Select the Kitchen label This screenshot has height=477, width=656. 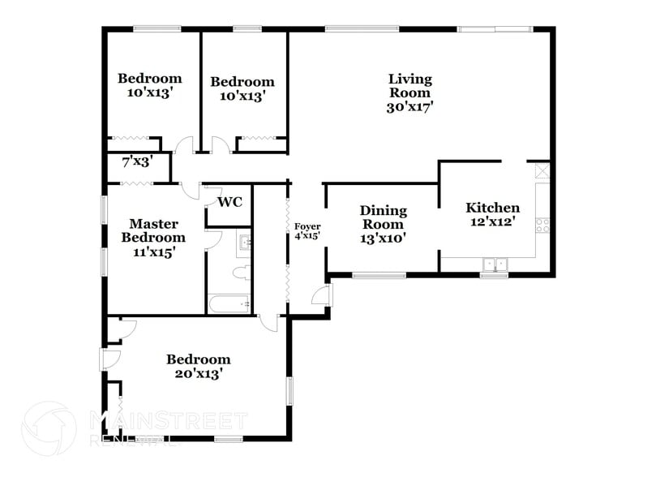492,208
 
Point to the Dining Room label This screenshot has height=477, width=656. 383,217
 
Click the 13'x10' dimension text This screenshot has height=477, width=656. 383,238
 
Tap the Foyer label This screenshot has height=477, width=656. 307,226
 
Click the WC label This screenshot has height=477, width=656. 231,202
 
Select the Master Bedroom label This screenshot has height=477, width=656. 153,230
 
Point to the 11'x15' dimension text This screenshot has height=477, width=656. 153,252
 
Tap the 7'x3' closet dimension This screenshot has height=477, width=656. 137,161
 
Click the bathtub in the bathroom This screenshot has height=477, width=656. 229,305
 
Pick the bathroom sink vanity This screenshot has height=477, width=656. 244,242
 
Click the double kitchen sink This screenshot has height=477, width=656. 494,264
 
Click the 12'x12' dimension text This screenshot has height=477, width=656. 492,221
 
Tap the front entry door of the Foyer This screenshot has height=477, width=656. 324,295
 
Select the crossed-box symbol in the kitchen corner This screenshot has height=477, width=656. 542,171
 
